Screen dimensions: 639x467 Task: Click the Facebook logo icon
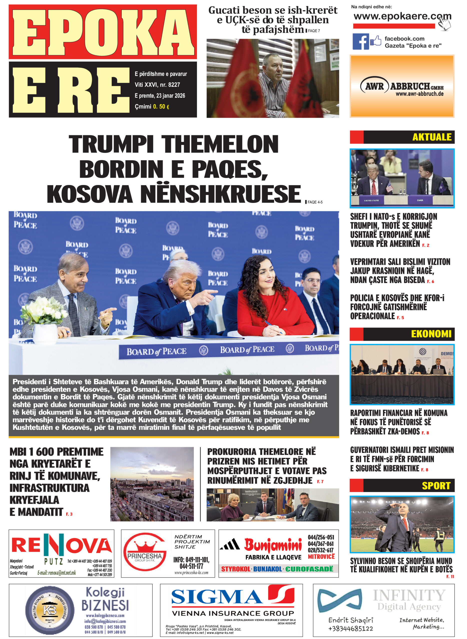360,41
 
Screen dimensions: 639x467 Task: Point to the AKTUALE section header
432,137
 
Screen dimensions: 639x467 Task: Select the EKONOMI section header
431,334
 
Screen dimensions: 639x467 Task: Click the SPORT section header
435,486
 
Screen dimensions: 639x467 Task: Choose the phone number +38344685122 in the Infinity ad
350,628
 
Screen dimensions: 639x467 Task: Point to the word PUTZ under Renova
53,561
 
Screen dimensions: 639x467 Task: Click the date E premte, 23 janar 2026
160,96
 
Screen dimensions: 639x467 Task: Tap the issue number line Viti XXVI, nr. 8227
157,85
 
